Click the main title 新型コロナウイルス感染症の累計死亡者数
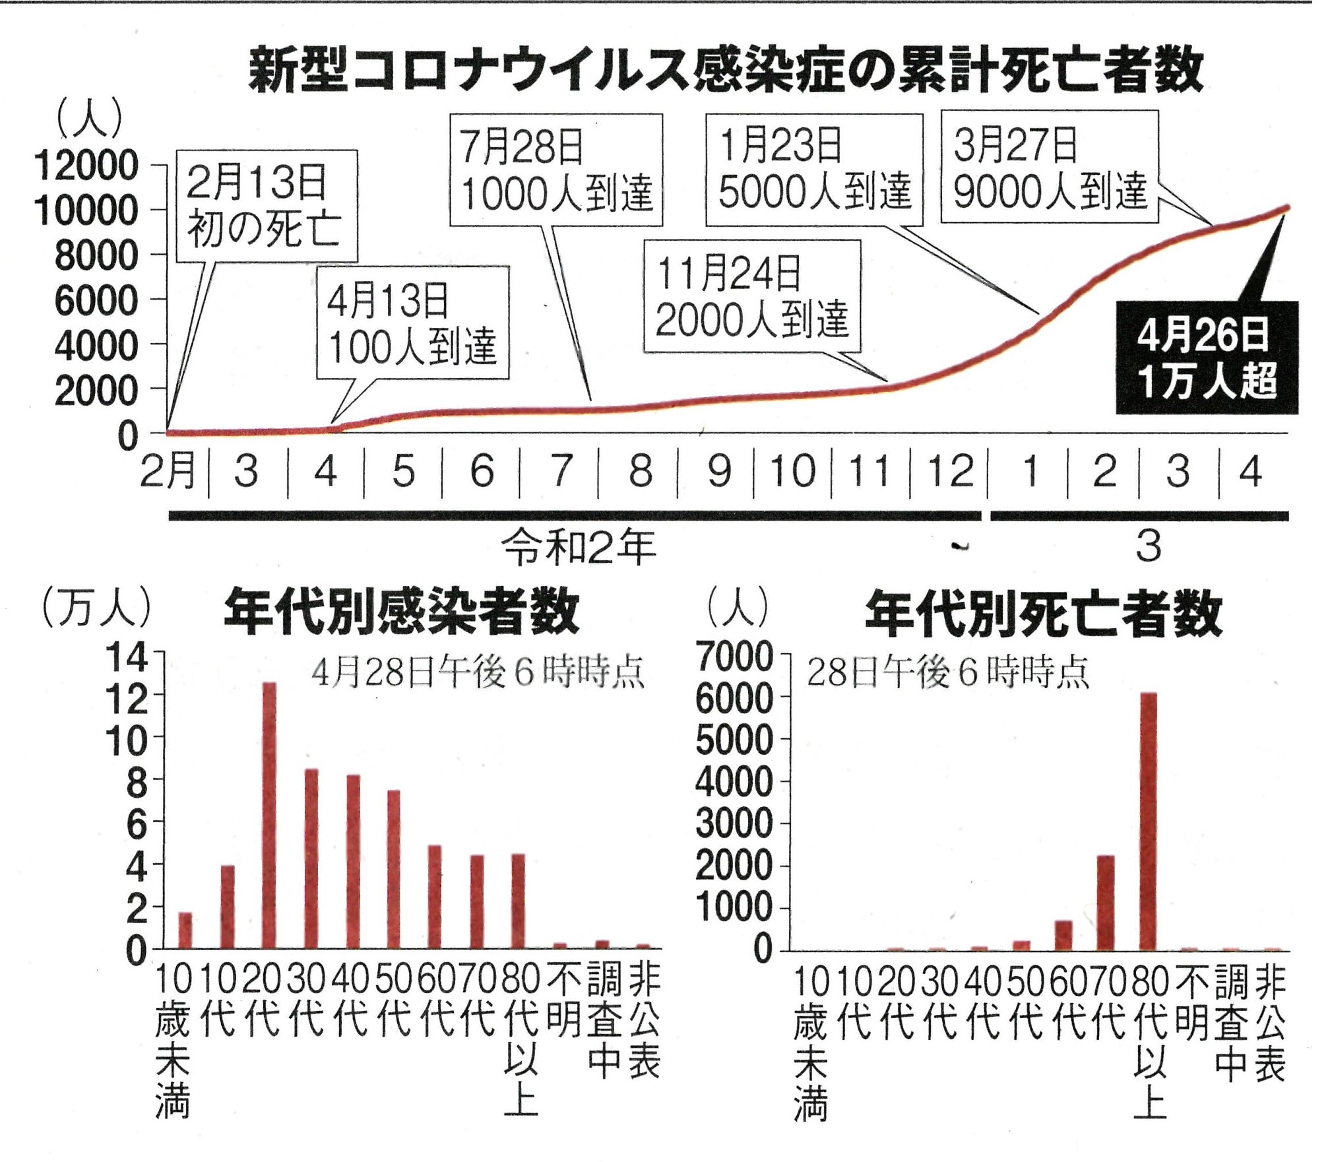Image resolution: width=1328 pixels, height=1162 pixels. pos(726,69)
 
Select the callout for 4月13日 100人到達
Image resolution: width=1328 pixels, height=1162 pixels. pos(412,323)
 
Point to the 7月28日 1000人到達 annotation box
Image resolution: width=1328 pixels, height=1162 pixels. pos(555,170)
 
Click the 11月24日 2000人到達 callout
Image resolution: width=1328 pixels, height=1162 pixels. pos(752,296)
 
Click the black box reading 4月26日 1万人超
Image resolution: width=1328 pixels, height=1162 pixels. pos(1207,358)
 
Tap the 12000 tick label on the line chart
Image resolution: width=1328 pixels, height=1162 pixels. pos(86,165)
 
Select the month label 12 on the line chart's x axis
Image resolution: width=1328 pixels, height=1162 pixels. pos(950,471)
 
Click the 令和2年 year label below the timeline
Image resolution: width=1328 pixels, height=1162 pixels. pos(579,547)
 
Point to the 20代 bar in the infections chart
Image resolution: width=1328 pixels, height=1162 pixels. pos(269,816)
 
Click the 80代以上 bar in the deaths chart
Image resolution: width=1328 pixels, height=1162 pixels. pos(1149,822)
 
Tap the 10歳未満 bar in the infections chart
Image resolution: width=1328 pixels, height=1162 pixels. pos(185,931)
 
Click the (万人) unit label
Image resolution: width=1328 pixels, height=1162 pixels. pos(96,607)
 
